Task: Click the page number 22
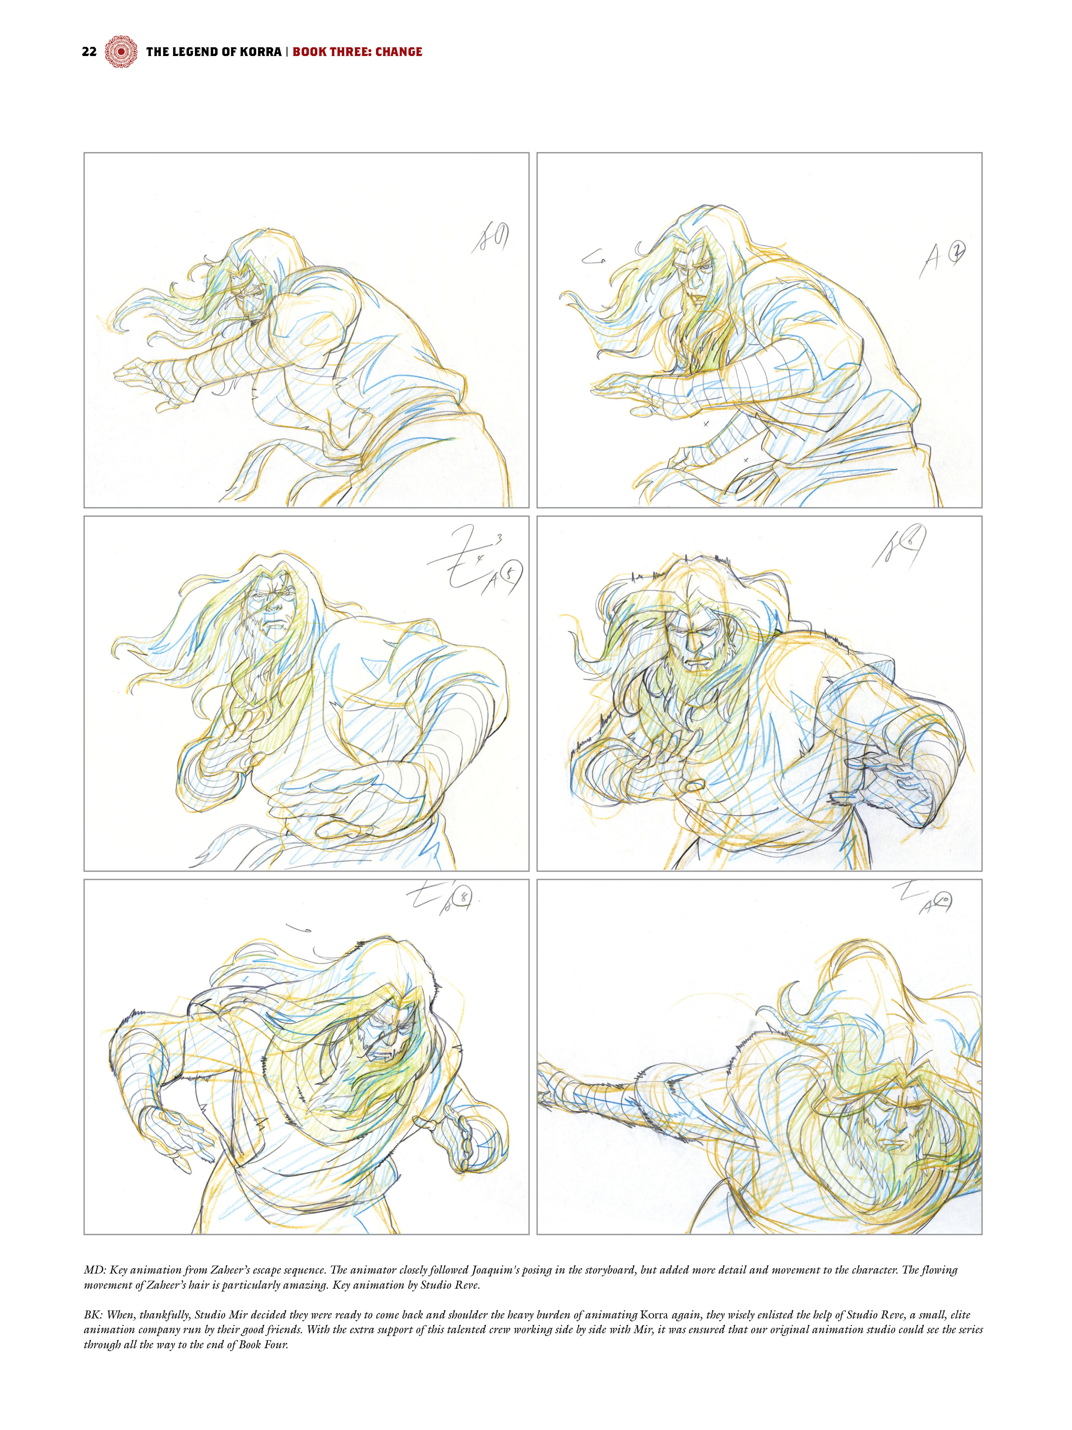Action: coord(89,52)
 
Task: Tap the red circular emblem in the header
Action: coord(121,52)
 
